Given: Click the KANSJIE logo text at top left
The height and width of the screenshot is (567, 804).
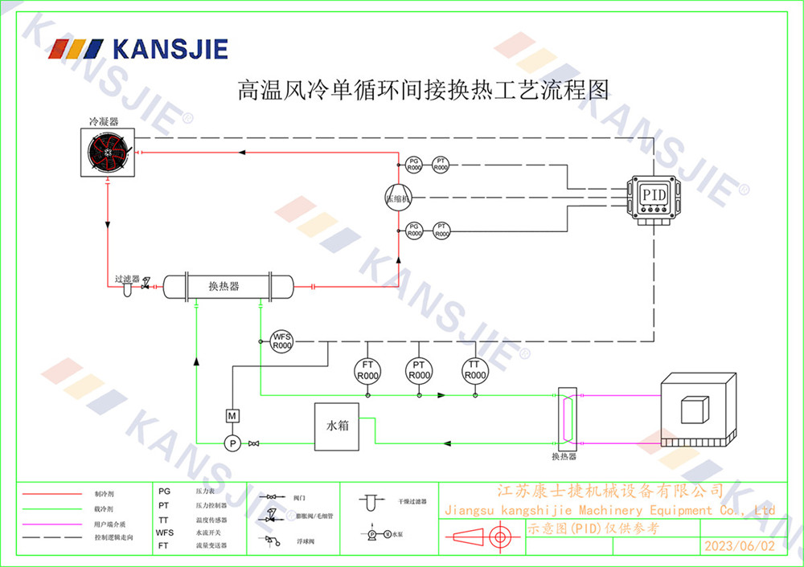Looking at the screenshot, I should click(170, 49).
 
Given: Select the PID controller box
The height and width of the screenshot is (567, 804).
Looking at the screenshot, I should click(652, 195).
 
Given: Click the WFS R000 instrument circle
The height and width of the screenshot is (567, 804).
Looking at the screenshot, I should click(281, 341).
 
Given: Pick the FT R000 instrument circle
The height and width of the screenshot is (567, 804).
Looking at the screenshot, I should click(367, 371).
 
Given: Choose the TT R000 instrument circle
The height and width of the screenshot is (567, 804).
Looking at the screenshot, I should click(475, 371).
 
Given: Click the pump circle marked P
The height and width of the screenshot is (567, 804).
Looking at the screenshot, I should click(231, 443).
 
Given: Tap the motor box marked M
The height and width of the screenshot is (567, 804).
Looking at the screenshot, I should click(231, 415).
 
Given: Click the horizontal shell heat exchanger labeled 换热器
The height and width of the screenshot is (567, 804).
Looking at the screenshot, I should click(227, 286).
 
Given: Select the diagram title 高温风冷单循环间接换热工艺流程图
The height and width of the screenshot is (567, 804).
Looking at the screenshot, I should click(422, 89).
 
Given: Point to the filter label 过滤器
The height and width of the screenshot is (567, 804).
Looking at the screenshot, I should click(127, 279).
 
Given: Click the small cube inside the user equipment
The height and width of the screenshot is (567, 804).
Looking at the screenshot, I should click(696, 410).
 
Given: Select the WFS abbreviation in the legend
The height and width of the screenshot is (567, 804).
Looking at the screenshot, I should click(165, 532).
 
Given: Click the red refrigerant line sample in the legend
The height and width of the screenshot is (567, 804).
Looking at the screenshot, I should click(52, 494).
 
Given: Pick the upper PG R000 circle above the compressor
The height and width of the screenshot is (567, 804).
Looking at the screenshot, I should click(414, 165).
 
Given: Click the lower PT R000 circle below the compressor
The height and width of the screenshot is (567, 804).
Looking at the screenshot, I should click(441, 230).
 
